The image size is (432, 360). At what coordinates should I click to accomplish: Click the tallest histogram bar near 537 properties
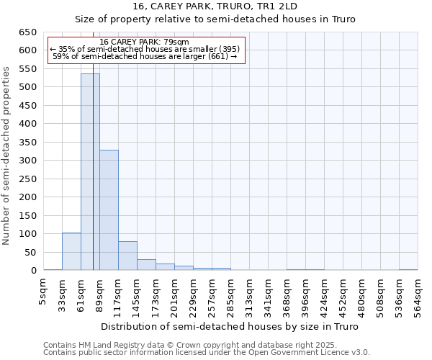click(x=90, y=172)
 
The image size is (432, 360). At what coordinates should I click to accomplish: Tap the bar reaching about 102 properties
click(x=71, y=251)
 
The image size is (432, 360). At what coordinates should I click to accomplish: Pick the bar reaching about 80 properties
click(x=127, y=256)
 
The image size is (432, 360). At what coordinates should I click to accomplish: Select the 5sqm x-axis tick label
click(x=43, y=293)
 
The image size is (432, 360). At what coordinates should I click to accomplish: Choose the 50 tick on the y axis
click(x=29, y=252)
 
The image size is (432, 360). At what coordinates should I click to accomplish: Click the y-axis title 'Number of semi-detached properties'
click(x=7, y=156)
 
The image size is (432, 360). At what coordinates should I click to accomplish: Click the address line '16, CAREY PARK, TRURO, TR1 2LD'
click(x=216, y=6)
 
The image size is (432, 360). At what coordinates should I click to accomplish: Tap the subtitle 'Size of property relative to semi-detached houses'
click(x=216, y=19)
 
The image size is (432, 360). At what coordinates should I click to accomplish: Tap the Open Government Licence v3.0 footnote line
click(x=207, y=353)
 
